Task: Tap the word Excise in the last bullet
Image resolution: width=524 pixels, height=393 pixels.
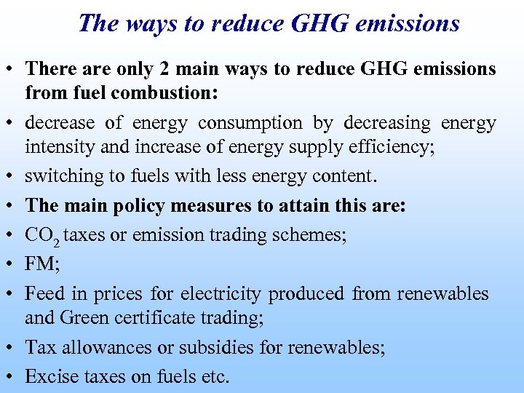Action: tap(48, 376)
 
